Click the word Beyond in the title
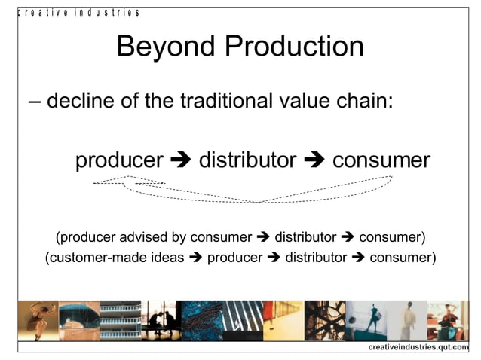[157, 47]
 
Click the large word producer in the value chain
[119, 160]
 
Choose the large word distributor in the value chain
[247, 160]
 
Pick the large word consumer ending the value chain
[381, 160]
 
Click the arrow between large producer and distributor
[181, 161]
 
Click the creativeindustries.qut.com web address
[418, 346]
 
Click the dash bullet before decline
[34, 102]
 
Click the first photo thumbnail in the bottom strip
[38, 321]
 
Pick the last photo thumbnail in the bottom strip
[448, 321]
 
